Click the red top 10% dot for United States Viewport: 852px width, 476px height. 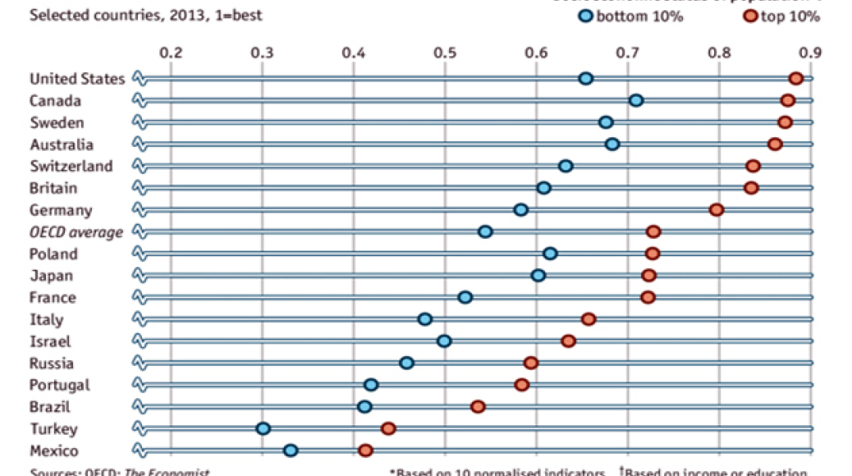point(796,78)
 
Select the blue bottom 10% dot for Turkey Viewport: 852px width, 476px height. point(263,428)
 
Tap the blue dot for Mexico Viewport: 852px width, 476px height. point(290,451)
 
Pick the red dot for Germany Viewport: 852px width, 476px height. point(716,209)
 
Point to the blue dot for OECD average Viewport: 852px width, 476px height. point(485,232)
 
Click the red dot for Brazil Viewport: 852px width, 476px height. point(478,407)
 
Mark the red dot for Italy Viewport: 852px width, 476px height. point(588,319)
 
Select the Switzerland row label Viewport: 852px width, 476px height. point(71,166)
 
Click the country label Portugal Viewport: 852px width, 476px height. point(59,385)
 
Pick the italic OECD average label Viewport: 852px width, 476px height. point(76,232)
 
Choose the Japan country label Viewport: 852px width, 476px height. point(51,275)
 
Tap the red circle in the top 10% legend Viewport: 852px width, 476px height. point(750,17)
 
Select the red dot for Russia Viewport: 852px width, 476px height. point(531,363)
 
